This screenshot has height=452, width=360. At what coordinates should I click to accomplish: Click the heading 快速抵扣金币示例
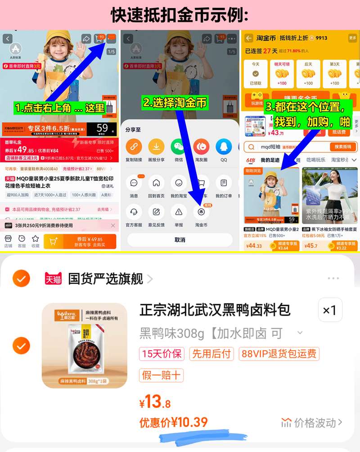[x=180, y=15]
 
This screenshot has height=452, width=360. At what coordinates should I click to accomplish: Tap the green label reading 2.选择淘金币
[x=175, y=103]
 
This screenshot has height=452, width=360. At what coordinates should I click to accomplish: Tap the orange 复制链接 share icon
[x=134, y=146]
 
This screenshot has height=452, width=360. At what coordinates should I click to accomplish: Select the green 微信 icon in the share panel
[x=178, y=146]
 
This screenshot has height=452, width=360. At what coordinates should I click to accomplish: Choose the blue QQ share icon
[x=224, y=146]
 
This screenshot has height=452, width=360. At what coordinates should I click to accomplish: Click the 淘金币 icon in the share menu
[x=201, y=211]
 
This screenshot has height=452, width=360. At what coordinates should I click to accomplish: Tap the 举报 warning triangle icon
[x=179, y=211]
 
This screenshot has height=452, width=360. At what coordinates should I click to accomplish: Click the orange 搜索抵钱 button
[x=343, y=147]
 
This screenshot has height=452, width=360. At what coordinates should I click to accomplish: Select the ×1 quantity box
[x=330, y=310]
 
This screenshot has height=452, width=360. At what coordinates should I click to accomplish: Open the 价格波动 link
[x=312, y=422]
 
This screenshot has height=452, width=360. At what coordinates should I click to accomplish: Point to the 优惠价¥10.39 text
[x=174, y=422]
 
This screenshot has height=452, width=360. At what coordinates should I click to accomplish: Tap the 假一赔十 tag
[x=161, y=375]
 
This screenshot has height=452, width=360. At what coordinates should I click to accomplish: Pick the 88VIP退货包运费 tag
[x=279, y=353]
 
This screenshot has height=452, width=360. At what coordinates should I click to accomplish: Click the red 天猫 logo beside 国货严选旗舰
[x=53, y=279]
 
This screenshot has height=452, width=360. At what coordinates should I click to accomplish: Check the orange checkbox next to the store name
[x=21, y=279]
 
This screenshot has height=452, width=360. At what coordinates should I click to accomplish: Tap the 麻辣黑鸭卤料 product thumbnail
[x=85, y=345]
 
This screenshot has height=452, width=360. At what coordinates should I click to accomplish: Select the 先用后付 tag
[x=211, y=353]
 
